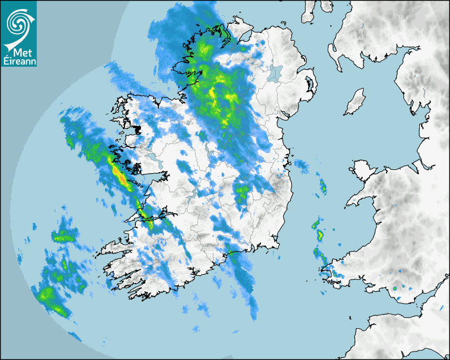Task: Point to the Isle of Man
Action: pos(355,102)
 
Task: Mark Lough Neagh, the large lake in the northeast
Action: pos(276,73)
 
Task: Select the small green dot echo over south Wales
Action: pos(394,289)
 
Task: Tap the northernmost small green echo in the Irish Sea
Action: pos(322,185)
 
